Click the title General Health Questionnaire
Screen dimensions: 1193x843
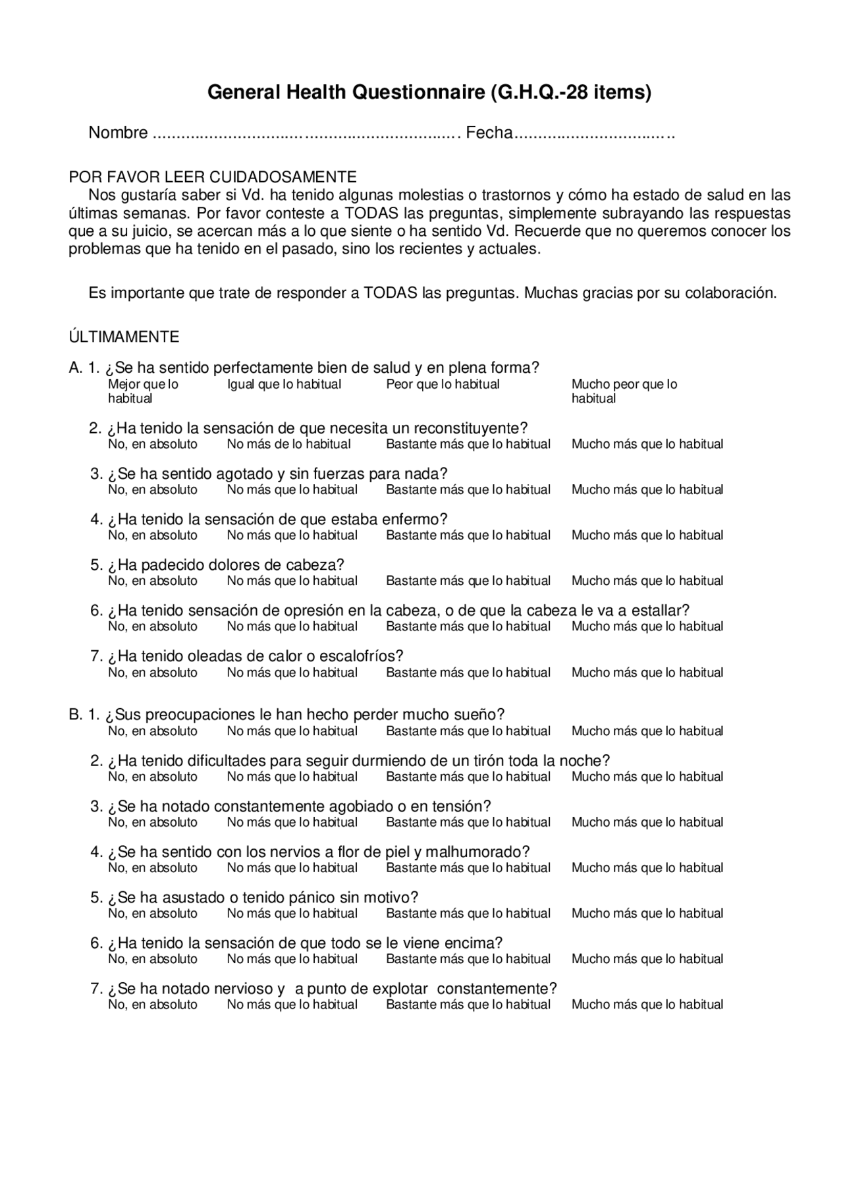[x=429, y=92]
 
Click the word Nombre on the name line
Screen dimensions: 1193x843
[x=118, y=133]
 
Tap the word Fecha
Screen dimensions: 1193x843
[x=489, y=133]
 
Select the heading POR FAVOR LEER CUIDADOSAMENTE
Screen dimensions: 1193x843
[x=213, y=177]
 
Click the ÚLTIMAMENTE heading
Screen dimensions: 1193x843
[x=124, y=337]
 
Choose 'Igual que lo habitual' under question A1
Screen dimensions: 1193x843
[x=284, y=384]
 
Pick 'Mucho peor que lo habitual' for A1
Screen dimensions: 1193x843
[x=624, y=391]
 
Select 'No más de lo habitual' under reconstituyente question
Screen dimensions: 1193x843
[x=288, y=444]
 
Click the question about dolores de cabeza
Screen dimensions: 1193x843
[x=226, y=565]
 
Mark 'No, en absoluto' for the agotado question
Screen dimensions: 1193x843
[x=152, y=489]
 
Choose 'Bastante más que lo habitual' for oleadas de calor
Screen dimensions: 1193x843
[x=468, y=673]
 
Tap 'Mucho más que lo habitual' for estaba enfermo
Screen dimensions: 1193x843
[x=647, y=535]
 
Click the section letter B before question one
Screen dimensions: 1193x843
[x=74, y=715]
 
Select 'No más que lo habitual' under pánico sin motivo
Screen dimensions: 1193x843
[x=292, y=913]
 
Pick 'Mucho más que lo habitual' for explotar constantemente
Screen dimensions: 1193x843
[x=647, y=1005]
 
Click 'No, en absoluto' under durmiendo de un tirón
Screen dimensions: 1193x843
[x=152, y=777]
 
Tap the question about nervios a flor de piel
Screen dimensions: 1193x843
[x=319, y=852]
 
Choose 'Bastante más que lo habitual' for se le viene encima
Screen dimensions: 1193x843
[x=468, y=959]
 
